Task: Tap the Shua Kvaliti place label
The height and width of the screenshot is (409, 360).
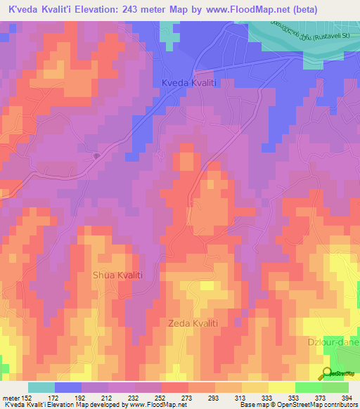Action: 117,275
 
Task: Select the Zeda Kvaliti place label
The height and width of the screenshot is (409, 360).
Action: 193,323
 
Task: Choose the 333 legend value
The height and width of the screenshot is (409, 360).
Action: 266,398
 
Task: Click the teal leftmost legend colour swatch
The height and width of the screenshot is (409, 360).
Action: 41,387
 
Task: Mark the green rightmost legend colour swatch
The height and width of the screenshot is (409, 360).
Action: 335,387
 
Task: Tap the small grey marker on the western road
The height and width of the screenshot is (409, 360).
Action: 96,156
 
